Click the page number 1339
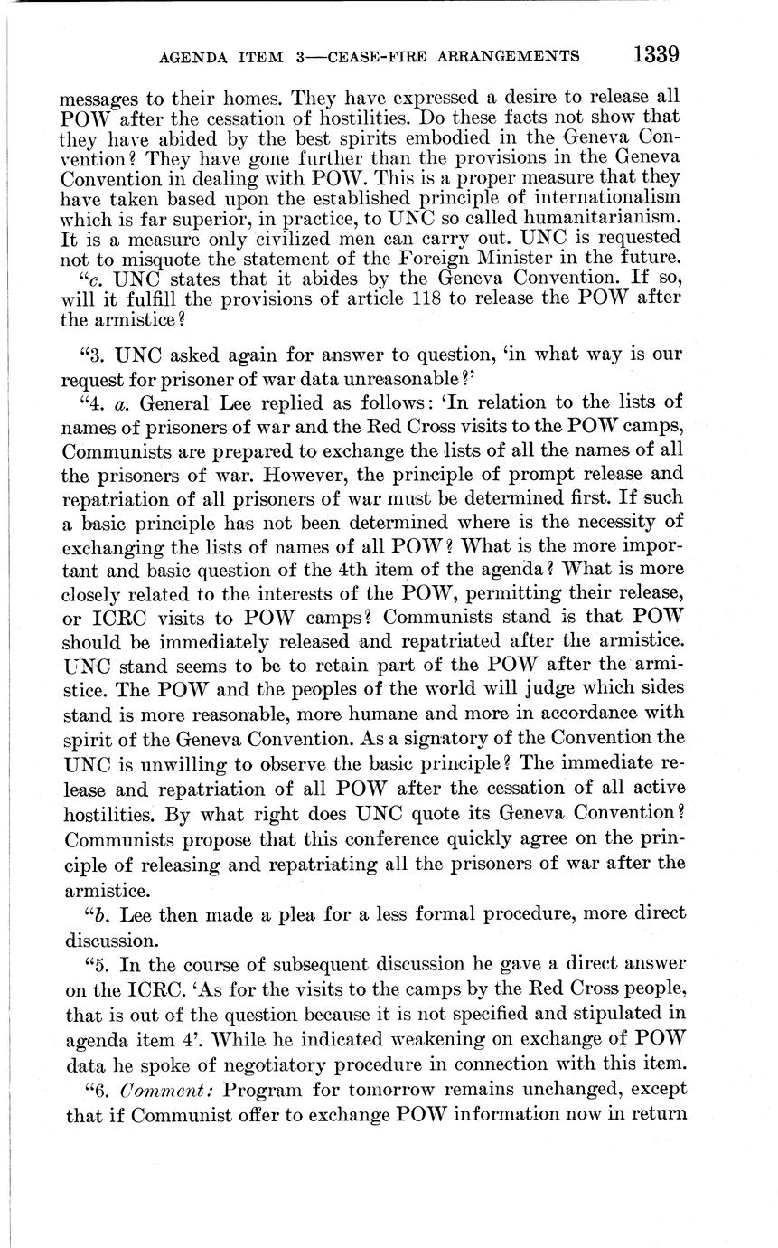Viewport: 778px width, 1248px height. (655, 54)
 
